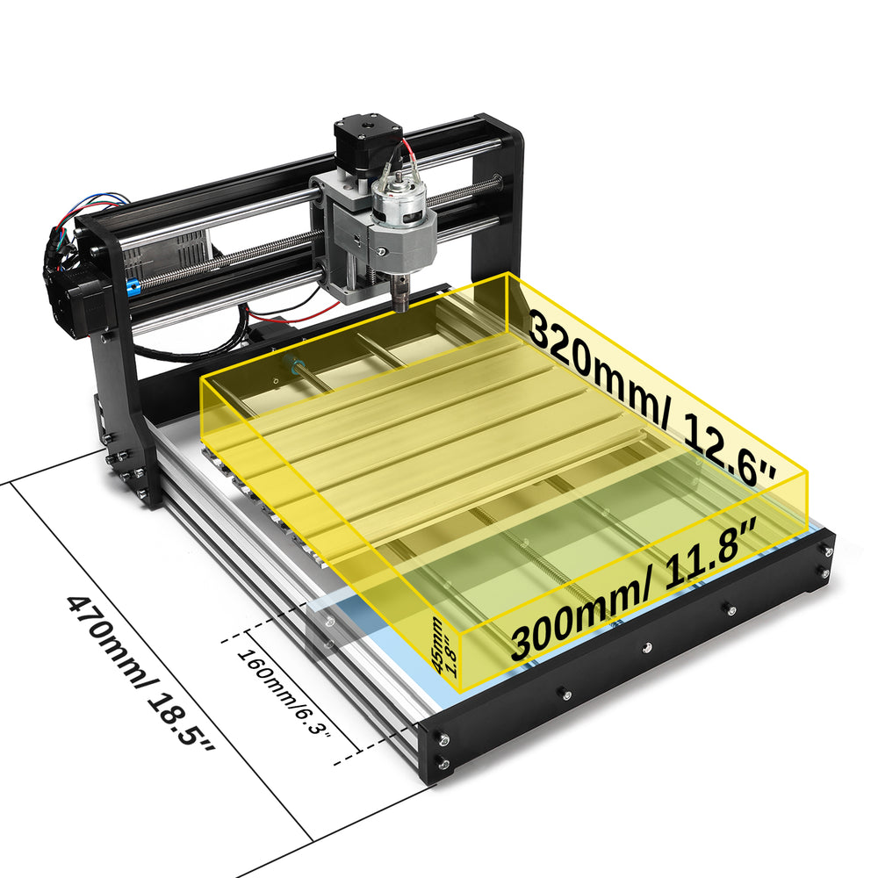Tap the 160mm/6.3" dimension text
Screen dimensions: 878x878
point(284,693)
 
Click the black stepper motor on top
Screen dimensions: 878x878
point(368,142)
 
